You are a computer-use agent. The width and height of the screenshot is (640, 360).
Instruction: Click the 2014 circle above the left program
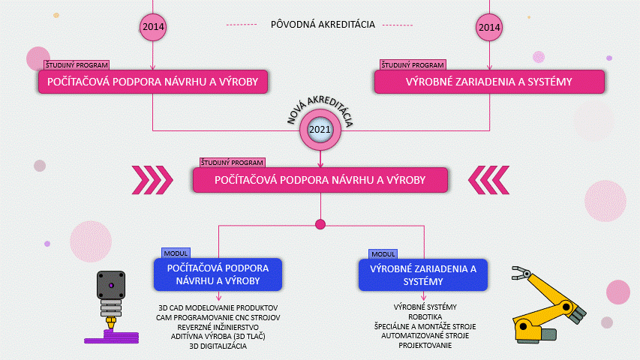[153, 27]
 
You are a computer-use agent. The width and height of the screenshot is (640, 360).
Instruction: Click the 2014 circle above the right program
[489, 27]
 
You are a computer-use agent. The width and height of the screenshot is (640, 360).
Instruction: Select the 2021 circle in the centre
[320, 130]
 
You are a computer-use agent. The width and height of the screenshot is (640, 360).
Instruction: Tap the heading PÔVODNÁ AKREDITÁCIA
[323, 25]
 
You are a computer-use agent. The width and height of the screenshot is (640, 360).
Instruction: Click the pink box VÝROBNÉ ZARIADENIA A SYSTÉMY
[489, 82]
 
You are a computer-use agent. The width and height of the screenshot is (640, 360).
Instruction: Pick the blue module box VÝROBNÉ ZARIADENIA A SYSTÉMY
[423, 275]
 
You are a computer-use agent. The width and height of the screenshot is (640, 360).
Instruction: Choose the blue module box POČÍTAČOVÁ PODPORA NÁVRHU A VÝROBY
[218, 274]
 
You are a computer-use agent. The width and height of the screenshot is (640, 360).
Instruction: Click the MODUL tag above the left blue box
[176, 253]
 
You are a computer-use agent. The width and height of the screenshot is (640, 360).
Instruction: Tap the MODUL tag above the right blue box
[383, 254]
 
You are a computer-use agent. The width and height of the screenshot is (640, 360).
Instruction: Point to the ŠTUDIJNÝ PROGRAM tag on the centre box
[233, 163]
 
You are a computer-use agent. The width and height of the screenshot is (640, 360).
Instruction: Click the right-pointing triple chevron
[152, 180]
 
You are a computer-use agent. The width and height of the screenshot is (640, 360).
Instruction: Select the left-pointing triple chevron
[489, 180]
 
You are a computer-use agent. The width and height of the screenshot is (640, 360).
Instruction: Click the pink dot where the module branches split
[320, 224]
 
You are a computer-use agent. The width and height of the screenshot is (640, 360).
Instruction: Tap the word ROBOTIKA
[425, 316]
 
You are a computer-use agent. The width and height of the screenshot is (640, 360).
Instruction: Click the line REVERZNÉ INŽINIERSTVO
[218, 327]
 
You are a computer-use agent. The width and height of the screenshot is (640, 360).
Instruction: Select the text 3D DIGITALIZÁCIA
[218, 346]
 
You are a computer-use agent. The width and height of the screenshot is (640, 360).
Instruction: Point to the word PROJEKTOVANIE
[425, 345]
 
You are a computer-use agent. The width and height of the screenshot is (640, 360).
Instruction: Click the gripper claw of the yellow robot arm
[521, 273]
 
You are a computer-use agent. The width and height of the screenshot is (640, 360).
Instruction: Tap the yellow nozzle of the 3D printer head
[111, 322]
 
